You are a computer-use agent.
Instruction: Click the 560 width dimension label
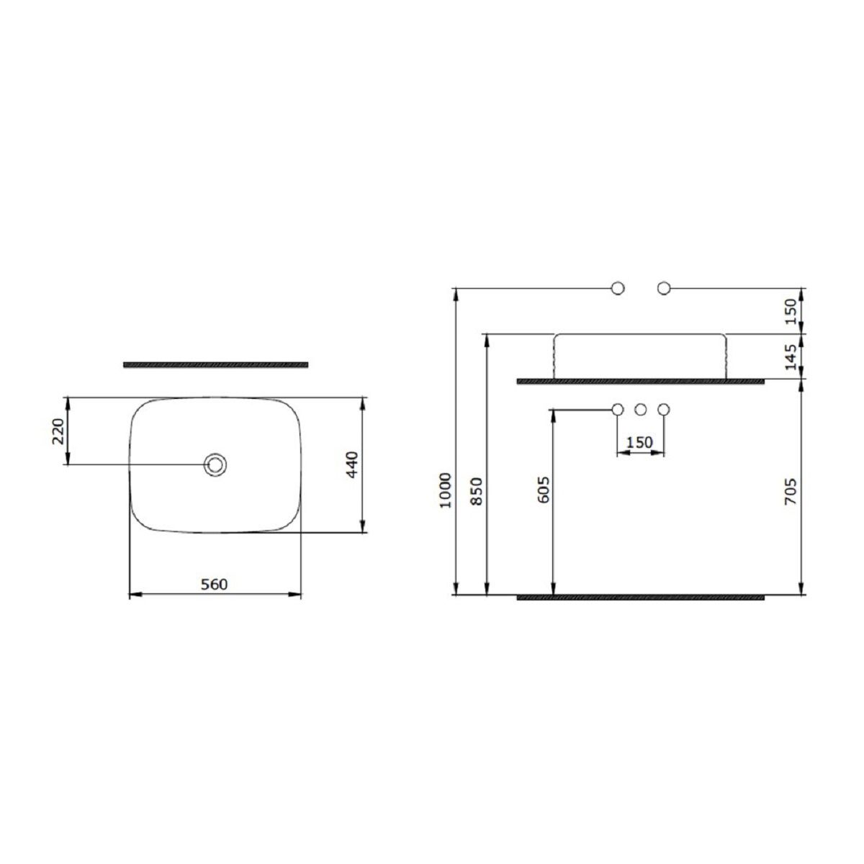[x=214, y=584]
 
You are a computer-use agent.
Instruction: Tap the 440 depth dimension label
[x=353, y=464]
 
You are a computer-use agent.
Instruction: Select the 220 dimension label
[x=59, y=431]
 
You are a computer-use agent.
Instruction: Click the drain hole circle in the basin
[x=215, y=464]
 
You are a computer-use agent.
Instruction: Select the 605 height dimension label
[x=543, y=490]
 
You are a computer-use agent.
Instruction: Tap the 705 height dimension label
[x=790, y=492]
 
